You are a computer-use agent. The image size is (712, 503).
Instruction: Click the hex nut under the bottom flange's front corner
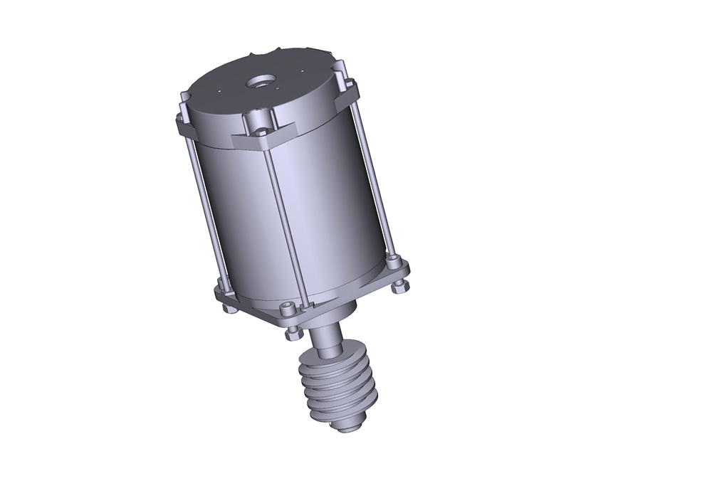[293, 331]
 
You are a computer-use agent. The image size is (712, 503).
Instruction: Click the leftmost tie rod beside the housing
[202, 213]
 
